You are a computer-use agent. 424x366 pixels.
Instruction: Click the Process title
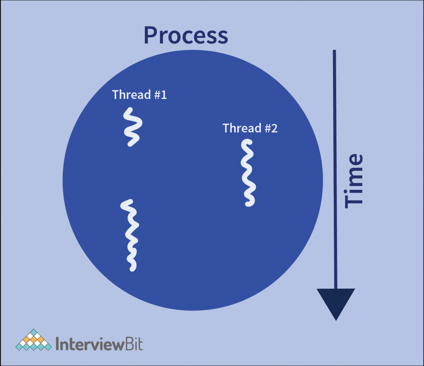[x=185, y=36]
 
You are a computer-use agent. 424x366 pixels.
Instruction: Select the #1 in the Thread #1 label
[x=160, y=95]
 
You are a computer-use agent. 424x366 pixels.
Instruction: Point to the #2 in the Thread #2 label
[x=271, y=128]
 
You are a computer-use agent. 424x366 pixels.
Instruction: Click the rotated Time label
[x=354, y=180]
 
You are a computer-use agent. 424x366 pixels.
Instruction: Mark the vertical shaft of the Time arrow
[x=335, y=166]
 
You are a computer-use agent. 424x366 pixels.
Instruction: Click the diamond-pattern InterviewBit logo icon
[x=35, y=340]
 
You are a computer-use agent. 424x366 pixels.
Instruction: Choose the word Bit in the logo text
[x=132, y=344]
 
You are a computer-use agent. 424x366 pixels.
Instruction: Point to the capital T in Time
[x=354, y=199]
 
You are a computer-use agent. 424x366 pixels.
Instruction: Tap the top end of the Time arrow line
[x=335, y=51]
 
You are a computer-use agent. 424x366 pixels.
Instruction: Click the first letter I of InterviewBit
[x=57, y=344]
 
